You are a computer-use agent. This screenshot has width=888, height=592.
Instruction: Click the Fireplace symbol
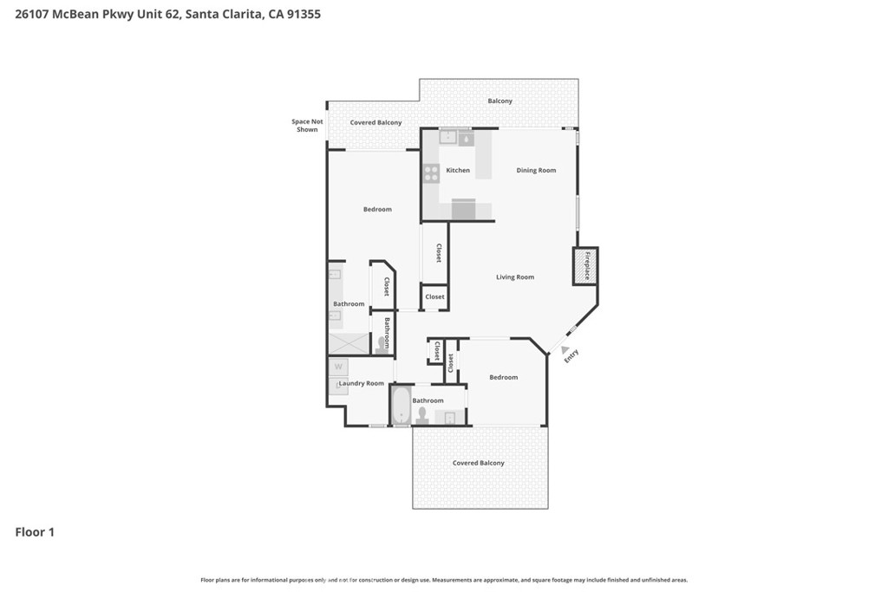pyautogui.click(x=585, y=266)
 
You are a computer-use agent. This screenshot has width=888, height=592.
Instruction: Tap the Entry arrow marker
pyautogui.click(x=565, y=350)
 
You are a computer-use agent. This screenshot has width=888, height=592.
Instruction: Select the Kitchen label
pyautogui.click(x=458, y=171)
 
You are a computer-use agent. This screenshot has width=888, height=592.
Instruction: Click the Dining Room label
pyautogui.click(x=536, y=171)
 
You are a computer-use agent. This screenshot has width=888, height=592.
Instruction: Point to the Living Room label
pyautogui.click(x=515, y=277)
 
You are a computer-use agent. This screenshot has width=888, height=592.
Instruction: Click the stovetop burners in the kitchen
pyautogui.click(x=431, y=173)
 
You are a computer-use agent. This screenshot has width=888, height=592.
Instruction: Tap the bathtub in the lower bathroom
pyautogui.click(x=401, y=406)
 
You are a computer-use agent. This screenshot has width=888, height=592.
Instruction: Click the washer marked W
pyautogui.click(x=338, y=367)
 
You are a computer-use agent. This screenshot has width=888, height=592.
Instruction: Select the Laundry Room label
pyautogui.click(x=362, y=384)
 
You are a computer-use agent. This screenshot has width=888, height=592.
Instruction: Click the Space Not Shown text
pyautogui.click(x=307, y=126)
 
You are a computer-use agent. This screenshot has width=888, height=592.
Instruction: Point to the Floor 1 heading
pyautogui.click(x=35, y=532)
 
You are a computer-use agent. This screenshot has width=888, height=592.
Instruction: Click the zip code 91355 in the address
pyautogui.click(x=304, y=14)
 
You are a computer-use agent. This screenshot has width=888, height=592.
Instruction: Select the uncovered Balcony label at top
pyautogui.click(x=500, y=101)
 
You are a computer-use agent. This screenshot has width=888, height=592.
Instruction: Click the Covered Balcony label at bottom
pyautogui.click(x=478, y=463)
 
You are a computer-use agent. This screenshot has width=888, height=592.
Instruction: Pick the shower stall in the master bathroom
pyautogui.click(x=349, y=344)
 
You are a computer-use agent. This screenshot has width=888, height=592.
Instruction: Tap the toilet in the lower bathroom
pyautogui.click(x=421, y=415)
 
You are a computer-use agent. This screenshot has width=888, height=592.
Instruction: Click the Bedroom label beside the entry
pyautogui.click(x=504, y=378)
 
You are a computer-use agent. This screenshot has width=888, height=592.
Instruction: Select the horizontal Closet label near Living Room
pyautogui.click(x=435, y=297)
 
